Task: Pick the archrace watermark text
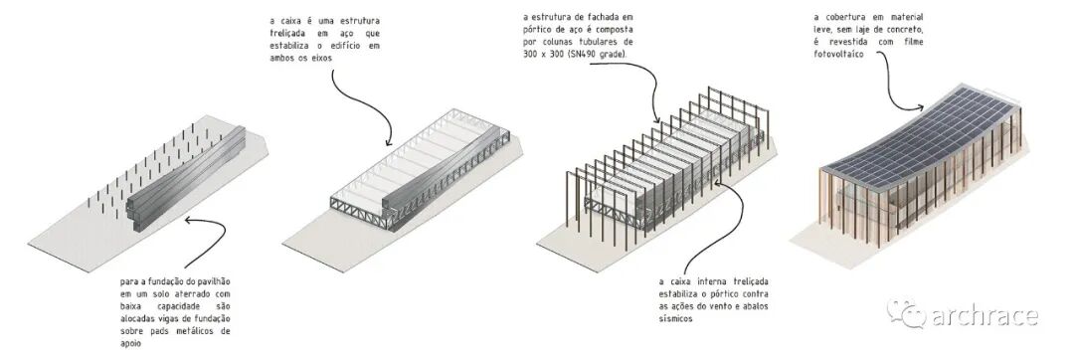coord(984,317)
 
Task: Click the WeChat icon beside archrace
coord(907,313)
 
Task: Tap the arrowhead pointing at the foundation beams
coord(190,221)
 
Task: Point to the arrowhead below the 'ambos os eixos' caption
coord(389,141)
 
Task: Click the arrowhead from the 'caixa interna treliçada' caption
coord(718,182)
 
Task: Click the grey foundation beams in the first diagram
coord(186,179)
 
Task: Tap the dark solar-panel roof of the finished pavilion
coord(921,137)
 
